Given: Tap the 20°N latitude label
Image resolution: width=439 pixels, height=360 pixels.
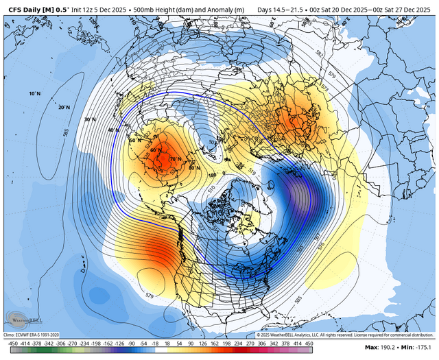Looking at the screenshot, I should point(64,107).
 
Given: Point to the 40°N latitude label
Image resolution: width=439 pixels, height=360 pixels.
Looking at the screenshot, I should point(112,130).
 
